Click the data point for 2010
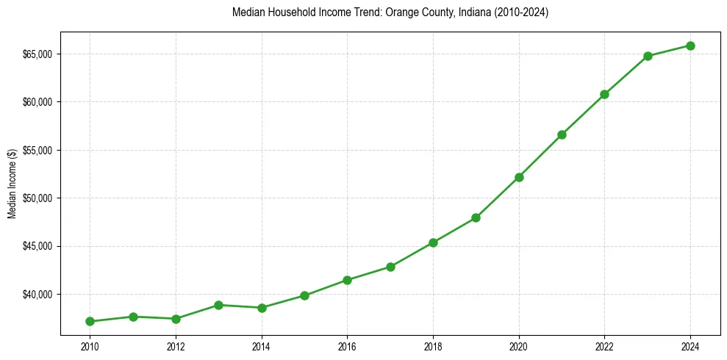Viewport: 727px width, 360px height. coord(90,321)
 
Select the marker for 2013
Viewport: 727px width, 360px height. coord(218,305)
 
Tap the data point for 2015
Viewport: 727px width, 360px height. coord(304,295)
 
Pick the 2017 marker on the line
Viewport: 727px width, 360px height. coord(390,267)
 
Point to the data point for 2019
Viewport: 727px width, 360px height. coord(476,217)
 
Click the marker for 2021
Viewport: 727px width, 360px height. coord(562,134)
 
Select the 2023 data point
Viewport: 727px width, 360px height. coord(648,56)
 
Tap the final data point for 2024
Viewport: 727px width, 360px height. coord(691,46)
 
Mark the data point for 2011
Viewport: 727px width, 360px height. coord(133,317)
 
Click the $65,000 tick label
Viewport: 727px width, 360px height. coord(37,54)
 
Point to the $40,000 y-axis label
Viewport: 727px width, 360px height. coord(37,295)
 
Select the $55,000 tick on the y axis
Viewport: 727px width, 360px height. coord(37,151)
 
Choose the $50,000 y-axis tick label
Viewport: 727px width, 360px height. coord(37,198)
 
